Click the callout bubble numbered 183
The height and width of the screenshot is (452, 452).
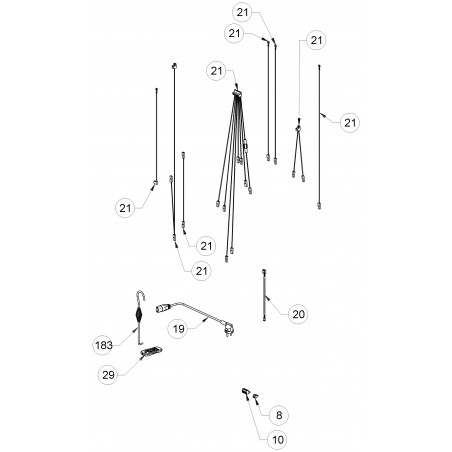[x=103, y=345]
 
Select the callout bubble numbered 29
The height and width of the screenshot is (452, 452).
[x=108, y=375]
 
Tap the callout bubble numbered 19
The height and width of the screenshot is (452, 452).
[x=178, y=329]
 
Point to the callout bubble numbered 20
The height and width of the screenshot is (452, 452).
[x=298, y=314]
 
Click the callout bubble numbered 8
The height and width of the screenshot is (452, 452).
[x=279, y=415]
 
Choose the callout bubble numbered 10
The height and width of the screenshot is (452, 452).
[x=277, y=440]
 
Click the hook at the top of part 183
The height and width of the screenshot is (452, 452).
[x=140, y=295]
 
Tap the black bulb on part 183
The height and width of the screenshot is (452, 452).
[x=138, y=315]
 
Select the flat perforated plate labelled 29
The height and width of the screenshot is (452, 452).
[x=152, y=352]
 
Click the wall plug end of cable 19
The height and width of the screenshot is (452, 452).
[x=228, y=331]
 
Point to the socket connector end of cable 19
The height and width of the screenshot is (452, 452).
[x=163, y=307]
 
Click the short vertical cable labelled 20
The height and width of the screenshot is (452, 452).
[x=265, y=295]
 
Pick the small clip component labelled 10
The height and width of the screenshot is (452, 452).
[x=246, y=392]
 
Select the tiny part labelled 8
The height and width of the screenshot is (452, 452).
[x=256, y=396]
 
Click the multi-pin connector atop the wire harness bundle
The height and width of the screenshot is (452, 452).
[x=236, y=93]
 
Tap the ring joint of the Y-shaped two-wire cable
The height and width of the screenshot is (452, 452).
[x=298, y=128]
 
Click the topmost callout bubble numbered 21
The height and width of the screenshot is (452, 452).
[x=242, y=12]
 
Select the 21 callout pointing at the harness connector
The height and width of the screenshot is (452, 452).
[x=216, y=71]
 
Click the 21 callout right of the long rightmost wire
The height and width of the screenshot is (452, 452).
[x=350, y=123]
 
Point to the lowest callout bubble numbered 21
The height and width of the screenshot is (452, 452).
[x=202, y=271]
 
